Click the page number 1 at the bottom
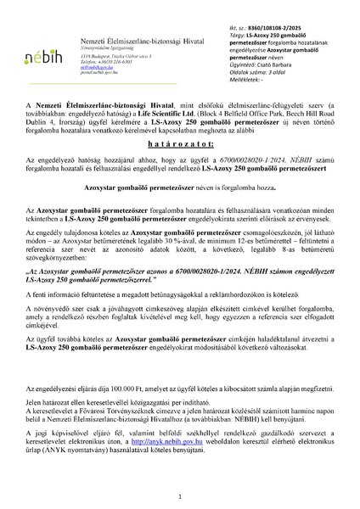click(x=180, y=495)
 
